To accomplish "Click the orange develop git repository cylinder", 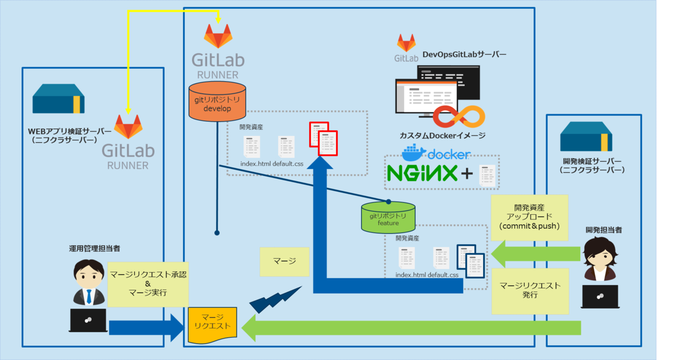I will pos(217,101).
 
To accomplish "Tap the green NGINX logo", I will pos(422,173).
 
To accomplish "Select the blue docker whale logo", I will pos(414,154).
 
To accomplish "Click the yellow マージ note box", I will pos(284,262).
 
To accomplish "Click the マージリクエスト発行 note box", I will pos(530,291).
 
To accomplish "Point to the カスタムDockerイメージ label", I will pos(443,136).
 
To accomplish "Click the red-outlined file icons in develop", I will pos(324,138).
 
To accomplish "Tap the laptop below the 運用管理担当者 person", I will pos(88,320).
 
